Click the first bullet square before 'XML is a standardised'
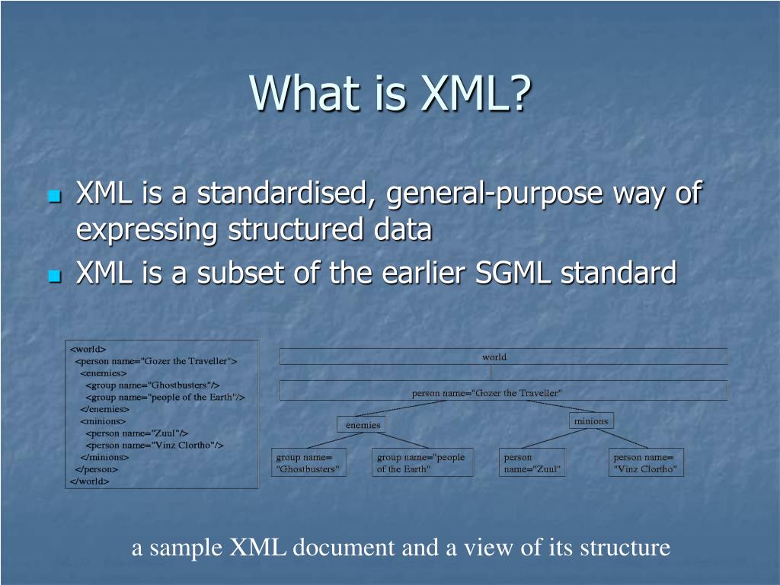coord(53,197)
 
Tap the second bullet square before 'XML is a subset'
coord(53,277)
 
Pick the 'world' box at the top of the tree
coord(503,356)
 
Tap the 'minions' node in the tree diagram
coord(591,420)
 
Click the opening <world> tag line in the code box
coord(88,350)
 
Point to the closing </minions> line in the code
coord(104,457)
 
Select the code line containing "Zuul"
coord(137,433)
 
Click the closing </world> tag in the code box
coord(90,481)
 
